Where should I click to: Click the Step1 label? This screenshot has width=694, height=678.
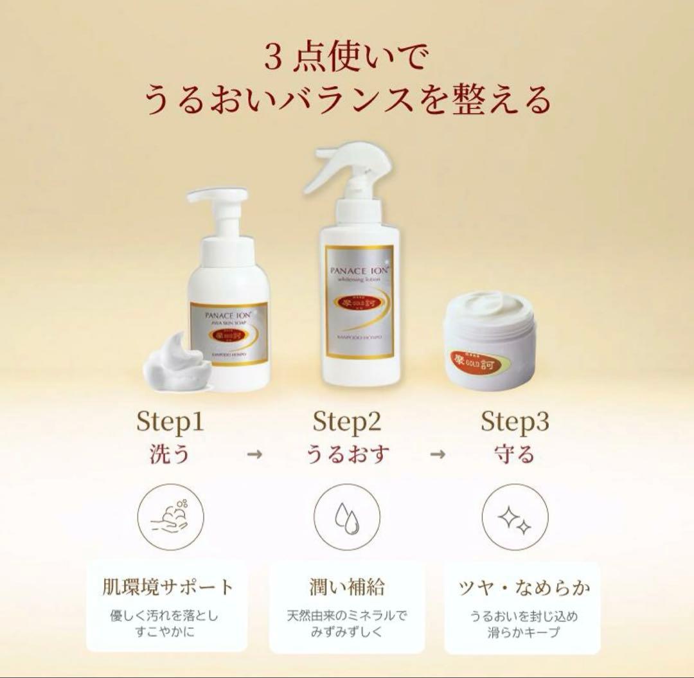(170, 422)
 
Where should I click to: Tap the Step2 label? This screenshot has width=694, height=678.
(347, 422)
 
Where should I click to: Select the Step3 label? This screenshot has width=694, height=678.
(515, 422)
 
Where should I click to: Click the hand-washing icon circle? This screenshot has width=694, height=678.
(171, 517)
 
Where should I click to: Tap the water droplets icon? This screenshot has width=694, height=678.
(347, 517)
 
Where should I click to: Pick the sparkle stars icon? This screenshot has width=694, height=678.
(515, 517)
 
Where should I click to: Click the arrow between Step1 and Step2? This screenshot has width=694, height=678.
(255, 454)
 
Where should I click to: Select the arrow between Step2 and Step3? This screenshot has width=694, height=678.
(438, 454)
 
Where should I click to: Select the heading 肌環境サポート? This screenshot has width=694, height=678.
(168, 587)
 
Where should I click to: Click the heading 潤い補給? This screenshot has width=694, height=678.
(347, 587)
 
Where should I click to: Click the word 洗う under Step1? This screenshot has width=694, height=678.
(170, 454)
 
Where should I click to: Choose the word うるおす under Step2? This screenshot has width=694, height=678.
(347, 454)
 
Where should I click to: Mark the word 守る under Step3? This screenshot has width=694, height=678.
(515, 454)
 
